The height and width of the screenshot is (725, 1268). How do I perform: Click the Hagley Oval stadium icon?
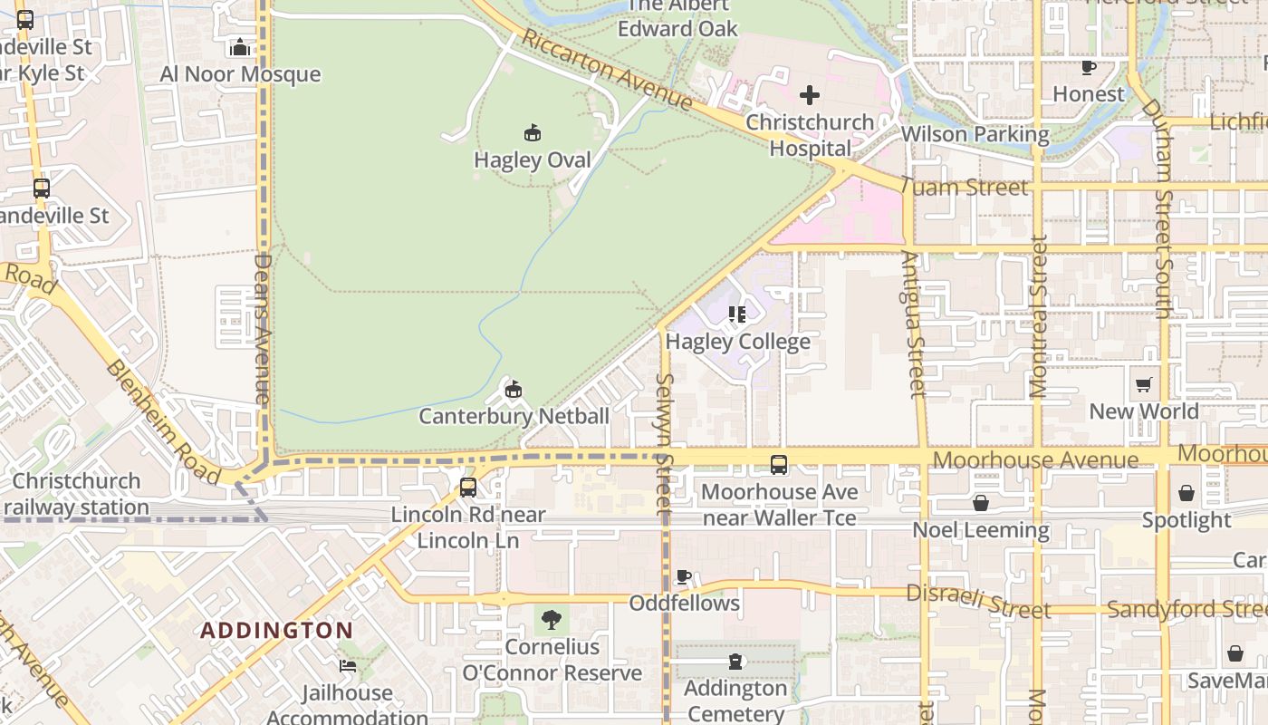533,133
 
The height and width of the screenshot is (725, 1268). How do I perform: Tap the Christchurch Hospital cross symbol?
810,94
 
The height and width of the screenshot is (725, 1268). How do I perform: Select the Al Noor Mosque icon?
240,47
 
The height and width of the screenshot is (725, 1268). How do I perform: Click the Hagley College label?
737,342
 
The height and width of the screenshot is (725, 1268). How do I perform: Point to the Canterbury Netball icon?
514,390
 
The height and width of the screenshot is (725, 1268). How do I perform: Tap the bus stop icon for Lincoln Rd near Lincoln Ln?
467,487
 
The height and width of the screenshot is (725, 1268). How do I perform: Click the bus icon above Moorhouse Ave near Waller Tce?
778,465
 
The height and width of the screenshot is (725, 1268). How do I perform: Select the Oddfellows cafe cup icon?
684,576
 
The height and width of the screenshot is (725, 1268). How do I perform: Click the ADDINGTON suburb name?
277,630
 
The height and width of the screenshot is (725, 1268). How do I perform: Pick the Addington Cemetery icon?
735,662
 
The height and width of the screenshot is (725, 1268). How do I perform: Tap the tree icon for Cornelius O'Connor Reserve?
551,620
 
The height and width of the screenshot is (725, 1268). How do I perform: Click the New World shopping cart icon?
1144,384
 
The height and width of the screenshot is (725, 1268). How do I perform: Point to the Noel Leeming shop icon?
980,503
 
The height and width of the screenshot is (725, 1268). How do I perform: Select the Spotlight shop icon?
1186,493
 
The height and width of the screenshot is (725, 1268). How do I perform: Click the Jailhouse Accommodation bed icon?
348,666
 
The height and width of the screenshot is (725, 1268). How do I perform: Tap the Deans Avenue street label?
263,328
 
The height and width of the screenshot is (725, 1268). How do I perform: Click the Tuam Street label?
965,188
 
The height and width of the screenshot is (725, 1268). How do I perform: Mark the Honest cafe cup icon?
1089,67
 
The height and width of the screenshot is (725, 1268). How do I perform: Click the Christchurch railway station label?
76,494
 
